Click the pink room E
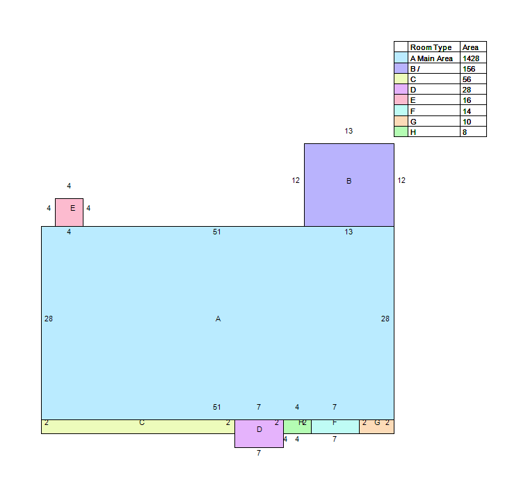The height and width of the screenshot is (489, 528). (x=69, y=213)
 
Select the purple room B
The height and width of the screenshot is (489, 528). (x=349, y=185)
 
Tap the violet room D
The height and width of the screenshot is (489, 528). (x=259, y=433)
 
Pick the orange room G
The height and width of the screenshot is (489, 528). (x=376, y=426)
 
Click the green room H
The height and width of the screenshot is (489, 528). (x=297, y=426)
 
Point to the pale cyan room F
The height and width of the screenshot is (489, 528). (x=335, y=426)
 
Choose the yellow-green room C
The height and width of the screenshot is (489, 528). (x=138, y=426)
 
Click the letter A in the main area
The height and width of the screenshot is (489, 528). (x=218, y=319)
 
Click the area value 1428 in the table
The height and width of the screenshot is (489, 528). (x=471, y=58)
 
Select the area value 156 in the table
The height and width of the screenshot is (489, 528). (x=469, y=69)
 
